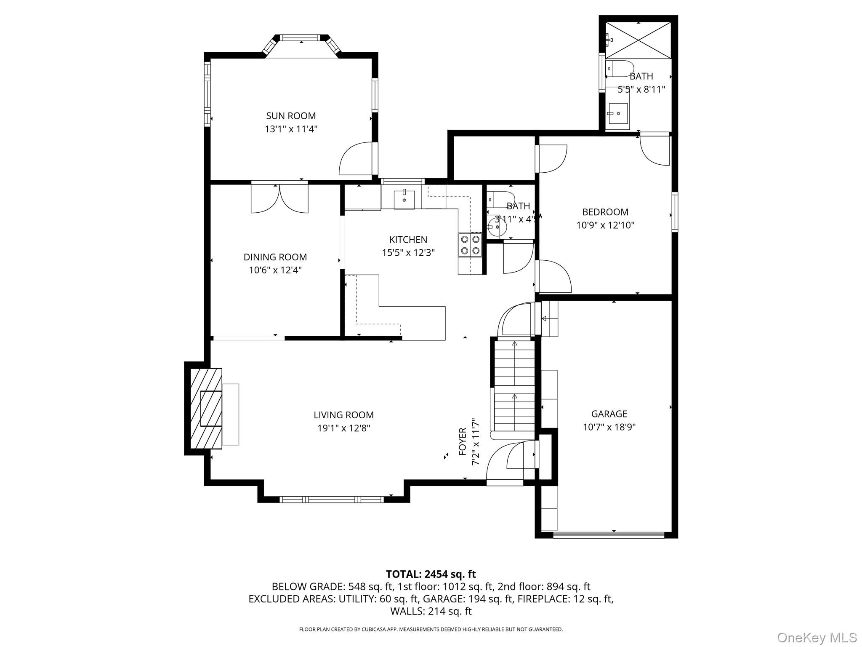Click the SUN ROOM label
[290, 116]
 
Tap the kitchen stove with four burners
[470, 245]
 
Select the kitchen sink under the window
[404, 200]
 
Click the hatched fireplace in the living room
[206, 409]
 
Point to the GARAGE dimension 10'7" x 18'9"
[609, 427]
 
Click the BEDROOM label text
[605, 212]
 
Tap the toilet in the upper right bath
[621, 69]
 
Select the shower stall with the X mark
[638, 40]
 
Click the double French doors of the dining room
[279, 198]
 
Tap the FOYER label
[463, 441]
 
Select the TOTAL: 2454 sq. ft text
[431, 574]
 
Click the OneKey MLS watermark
[817, 637]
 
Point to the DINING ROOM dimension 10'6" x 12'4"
[275, 270]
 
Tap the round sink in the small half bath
[498, 227]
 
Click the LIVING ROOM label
[343, 415]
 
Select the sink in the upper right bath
[618, 113]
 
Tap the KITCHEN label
[408, 240]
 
